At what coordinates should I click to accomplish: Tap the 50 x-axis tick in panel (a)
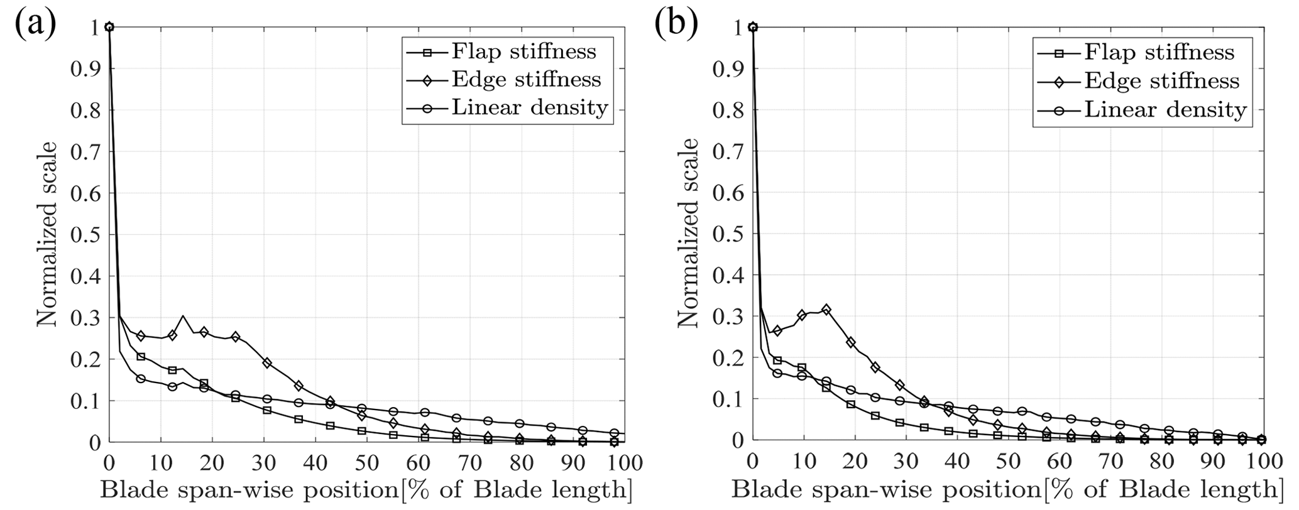[367, 463]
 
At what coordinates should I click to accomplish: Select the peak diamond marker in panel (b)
[826, 310]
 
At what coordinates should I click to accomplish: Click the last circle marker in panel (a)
[615, 433]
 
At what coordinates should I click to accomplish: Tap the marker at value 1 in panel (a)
[109, 26]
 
